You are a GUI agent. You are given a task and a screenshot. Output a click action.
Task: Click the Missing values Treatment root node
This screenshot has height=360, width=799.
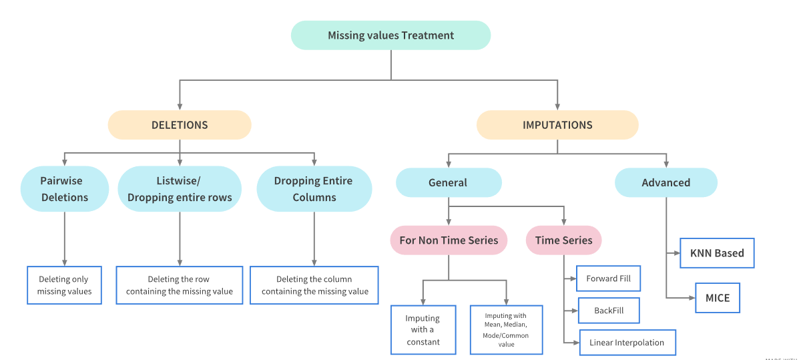click(390, 35)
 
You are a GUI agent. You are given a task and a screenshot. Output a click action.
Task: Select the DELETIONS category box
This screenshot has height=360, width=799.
click(180, 125)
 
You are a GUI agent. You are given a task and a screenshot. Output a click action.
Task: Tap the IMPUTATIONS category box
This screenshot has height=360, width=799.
click(557, 125)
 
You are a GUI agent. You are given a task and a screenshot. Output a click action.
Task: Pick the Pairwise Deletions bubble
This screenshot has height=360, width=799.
click(64, 189)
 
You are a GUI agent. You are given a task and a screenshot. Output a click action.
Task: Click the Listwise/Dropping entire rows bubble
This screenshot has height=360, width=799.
click(180, 189)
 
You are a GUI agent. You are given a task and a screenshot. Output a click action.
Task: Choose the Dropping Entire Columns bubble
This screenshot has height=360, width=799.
click(314, 189)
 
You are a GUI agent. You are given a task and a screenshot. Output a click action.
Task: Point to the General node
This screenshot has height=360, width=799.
click(448, 182)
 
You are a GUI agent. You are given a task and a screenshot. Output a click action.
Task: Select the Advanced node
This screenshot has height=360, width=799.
click(665, 182)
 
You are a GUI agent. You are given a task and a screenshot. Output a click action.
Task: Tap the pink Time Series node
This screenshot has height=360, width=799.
click(563, 240)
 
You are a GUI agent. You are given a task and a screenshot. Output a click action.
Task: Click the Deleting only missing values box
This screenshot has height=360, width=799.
click(64, 285)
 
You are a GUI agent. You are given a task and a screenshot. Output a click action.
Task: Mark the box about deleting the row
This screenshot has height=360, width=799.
click(180, 285)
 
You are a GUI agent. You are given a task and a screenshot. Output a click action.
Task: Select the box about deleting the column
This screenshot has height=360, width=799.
click(314, 285)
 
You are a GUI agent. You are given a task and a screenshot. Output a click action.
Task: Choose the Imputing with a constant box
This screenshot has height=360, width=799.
click(423, 330)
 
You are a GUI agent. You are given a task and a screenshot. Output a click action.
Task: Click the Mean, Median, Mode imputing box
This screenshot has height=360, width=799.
click(506, 330)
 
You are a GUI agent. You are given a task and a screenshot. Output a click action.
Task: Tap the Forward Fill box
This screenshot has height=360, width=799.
click(608, 279)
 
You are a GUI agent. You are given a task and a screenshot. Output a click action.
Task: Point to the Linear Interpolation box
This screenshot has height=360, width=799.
click(627, 343)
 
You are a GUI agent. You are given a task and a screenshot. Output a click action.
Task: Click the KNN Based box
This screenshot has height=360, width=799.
click(717, 253)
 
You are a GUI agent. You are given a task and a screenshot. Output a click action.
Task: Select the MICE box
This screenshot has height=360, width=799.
click(717, 298)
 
